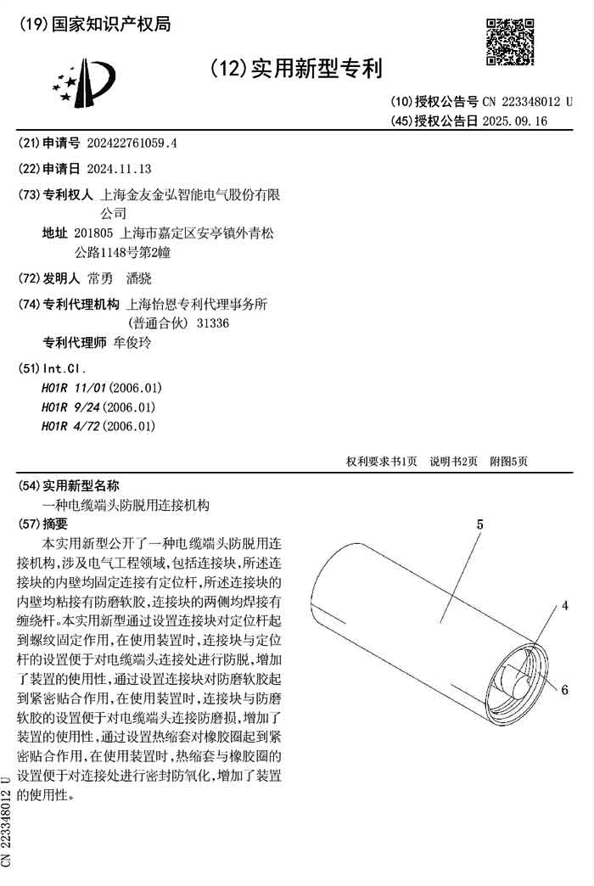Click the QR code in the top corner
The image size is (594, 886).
click(x=509, y=42)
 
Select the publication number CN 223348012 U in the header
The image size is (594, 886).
click(x=527, y=101)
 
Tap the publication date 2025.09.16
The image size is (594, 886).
click(x=514, y=121)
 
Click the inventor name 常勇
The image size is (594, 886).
click(x=99, y=278)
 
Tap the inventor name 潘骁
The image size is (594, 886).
click(x=138, y=278)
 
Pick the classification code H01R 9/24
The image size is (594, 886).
click(x=71, y=407)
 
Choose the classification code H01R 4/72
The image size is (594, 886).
click(x=71, y=427)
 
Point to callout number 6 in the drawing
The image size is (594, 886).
click(x=564, y=690)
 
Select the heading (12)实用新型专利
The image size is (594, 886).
click(x=295, y=69)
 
